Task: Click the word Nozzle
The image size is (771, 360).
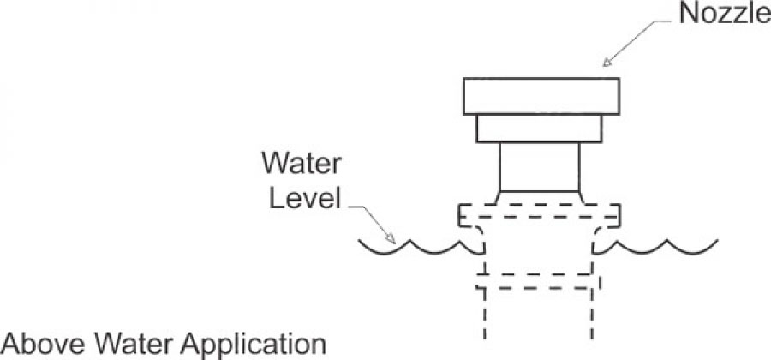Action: click(x=724, y=14)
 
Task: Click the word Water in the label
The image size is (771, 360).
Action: click(x=301, y=163)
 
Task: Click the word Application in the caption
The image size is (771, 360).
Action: click(x=254, y=345)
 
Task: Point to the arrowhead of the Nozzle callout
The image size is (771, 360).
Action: click(x=607, y=62)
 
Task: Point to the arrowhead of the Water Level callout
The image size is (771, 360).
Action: click(x=391, y=238)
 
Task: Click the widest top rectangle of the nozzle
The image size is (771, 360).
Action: click(x=541, y=96)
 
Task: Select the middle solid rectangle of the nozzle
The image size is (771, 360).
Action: click(x=539, y=129)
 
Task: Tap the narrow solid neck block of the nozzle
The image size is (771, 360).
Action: click(x=540, y=167)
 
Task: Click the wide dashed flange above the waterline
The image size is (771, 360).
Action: click(x=540, y=215)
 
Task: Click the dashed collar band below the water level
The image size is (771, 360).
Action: click(x=539, y=281)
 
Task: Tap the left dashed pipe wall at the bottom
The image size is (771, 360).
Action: click(x=485, y=314)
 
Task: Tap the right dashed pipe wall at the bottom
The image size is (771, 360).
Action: click(x=591, y=314)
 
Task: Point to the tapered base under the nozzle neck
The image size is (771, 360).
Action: click(x=540, y=197)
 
